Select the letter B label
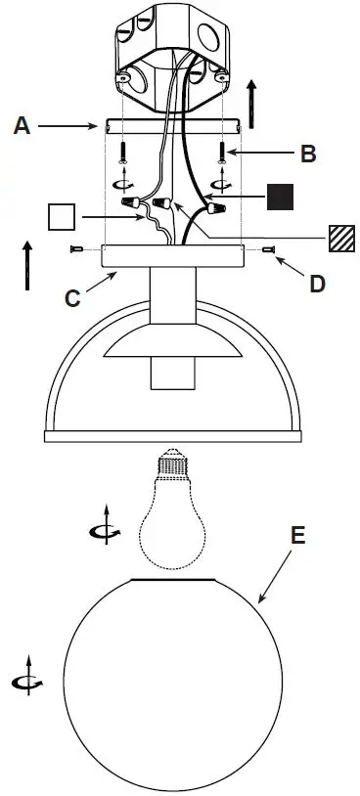[x=308, y=154]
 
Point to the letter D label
[x=316, y=284]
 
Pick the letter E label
[x=298, y=535]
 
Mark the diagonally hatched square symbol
[x=340, y=238]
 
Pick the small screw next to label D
[x=268, y=250]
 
